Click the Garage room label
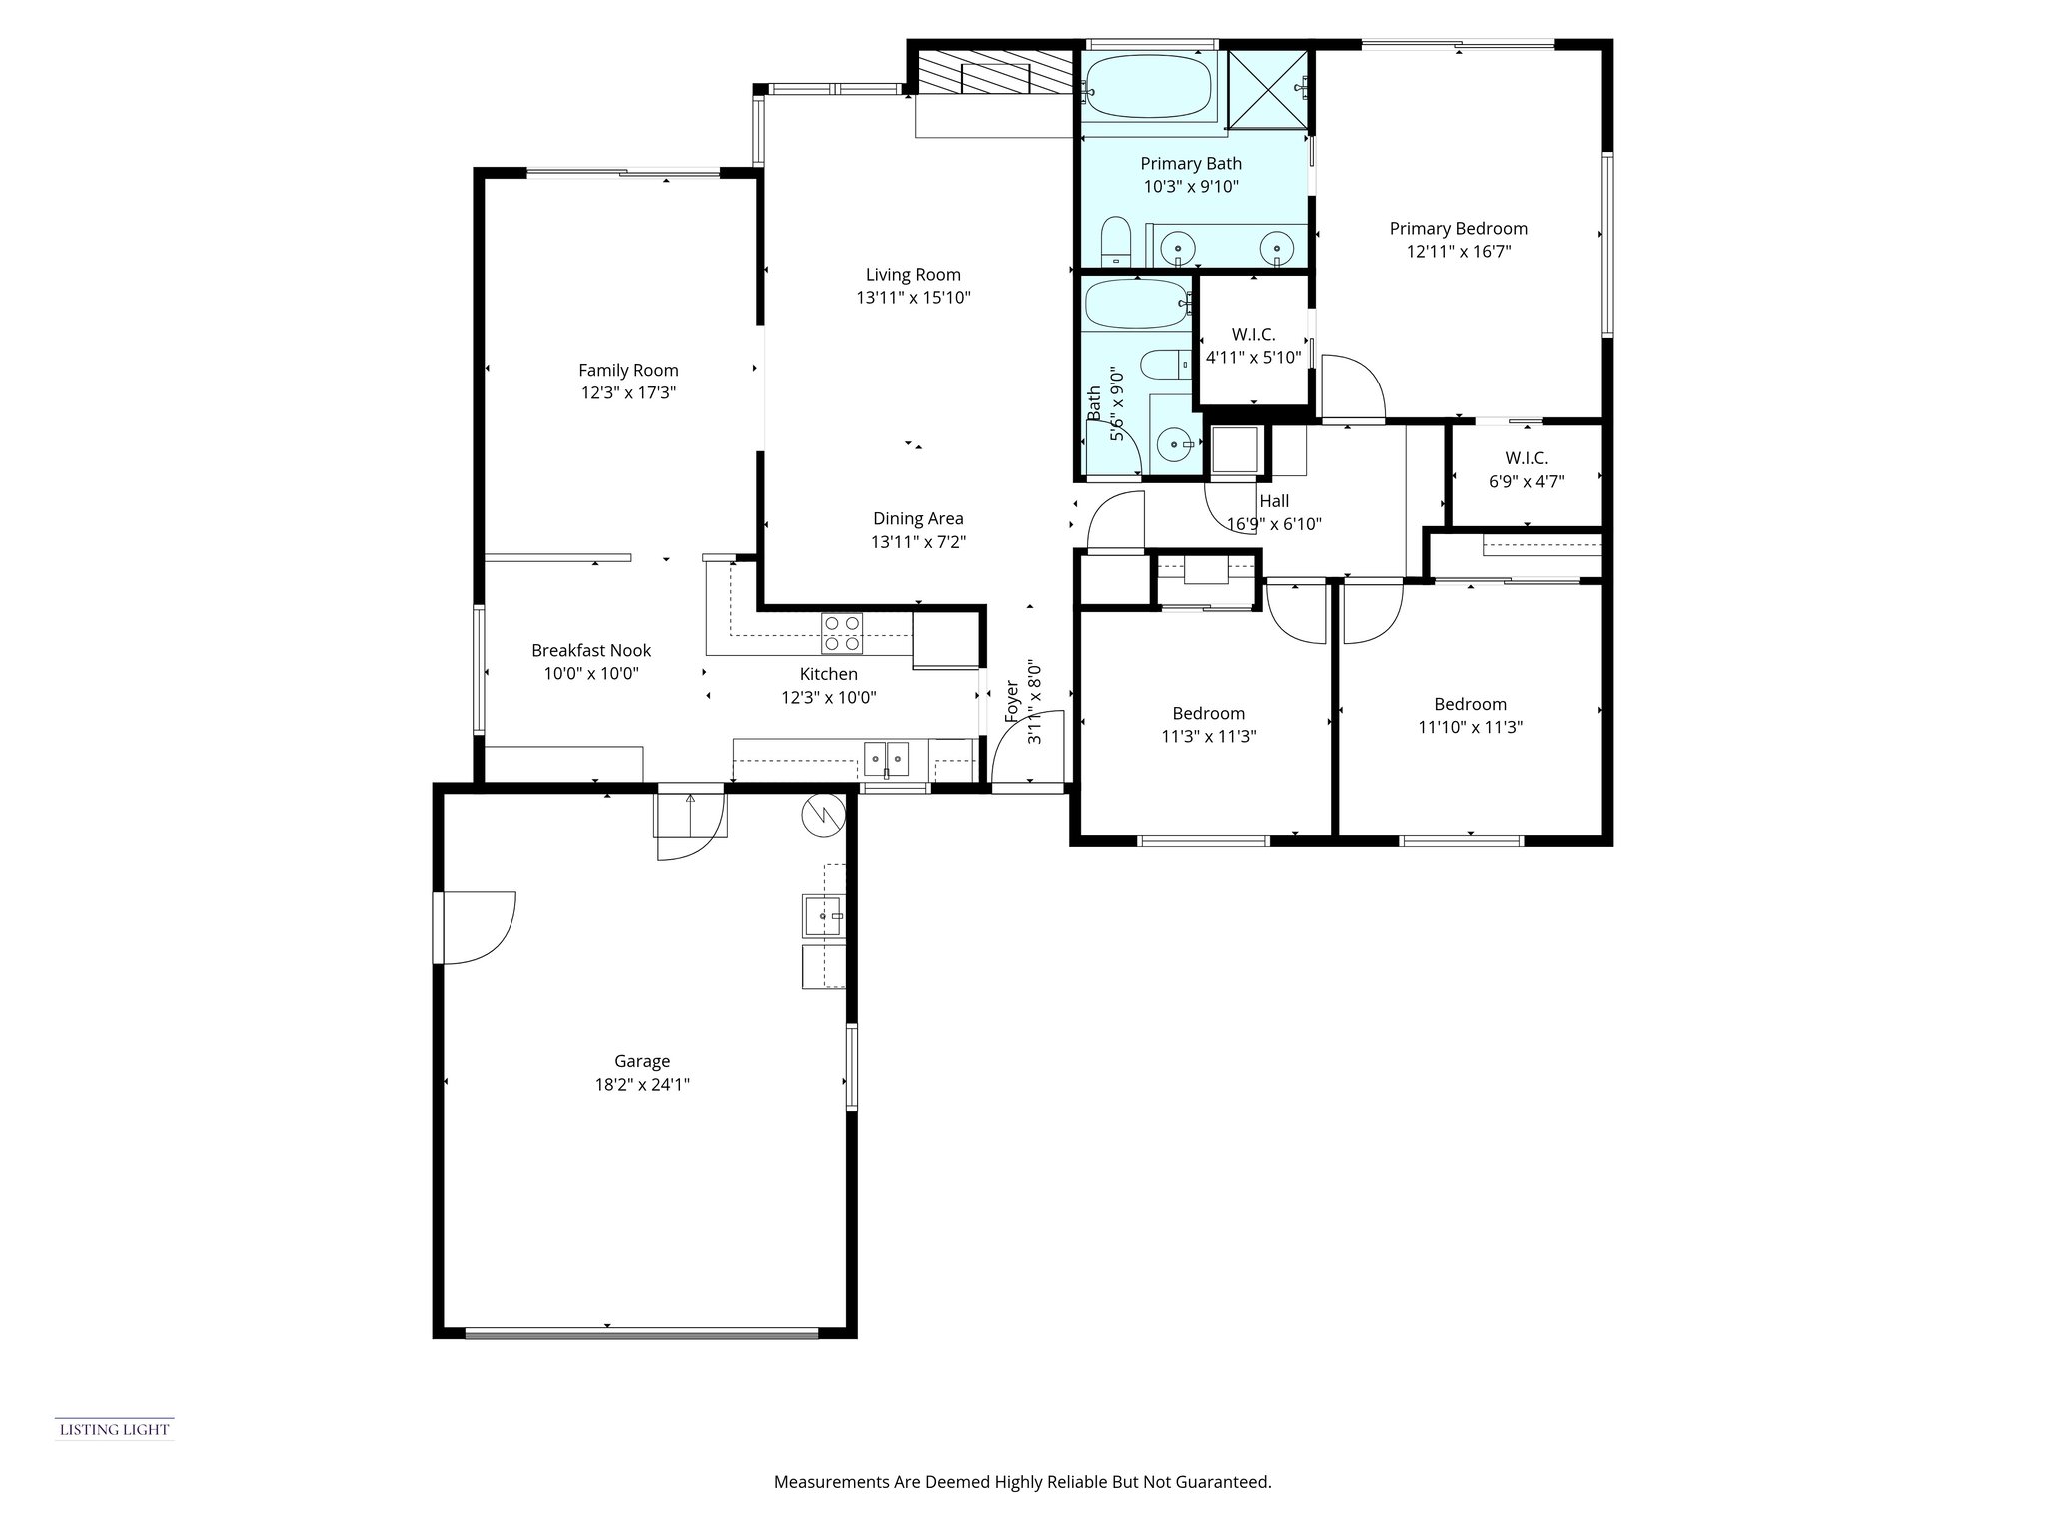pos(641,1061)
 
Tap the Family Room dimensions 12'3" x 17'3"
pos(628,393)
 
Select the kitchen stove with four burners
pos(841,633)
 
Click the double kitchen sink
pos(887,759)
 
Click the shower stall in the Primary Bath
pos(1267,89)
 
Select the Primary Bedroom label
pos(1458,229)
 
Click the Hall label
pos(1273,501)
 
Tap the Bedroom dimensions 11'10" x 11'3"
pos(1469,728)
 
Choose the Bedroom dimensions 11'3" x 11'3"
pos(1208,737)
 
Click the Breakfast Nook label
pos(591,650)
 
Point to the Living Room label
pos(913,275)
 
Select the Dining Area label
pos(917,518)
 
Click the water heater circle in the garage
pos(823,816)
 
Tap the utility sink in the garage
pos(824,915)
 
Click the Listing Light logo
pos(114,1429)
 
